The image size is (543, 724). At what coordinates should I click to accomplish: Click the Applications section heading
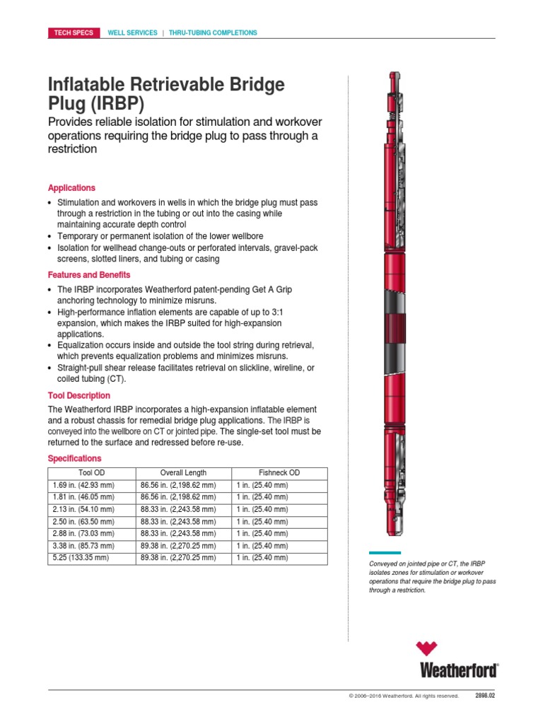pos(71,188)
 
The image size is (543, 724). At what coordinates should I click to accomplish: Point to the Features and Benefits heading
pos(89,274)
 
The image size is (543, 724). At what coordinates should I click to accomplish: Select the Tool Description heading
pos(79,395)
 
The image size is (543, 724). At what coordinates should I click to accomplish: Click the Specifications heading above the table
pos(74,458)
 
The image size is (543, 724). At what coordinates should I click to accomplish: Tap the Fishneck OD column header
pos(279,473)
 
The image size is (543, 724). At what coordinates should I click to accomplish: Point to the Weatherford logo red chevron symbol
pos(427,649)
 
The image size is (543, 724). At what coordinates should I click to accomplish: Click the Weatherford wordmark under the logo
pos(459,669)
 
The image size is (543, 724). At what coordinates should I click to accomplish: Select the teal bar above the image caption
pos(385,553)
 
